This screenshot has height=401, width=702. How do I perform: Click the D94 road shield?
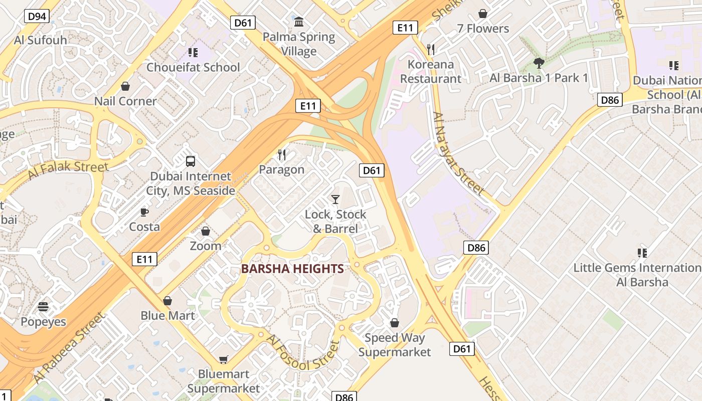coord(37,17)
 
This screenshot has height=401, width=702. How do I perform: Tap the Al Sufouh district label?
coord(41,41)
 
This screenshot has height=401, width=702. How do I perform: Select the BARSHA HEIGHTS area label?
coord(292,269)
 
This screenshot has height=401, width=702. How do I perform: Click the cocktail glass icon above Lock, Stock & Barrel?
coord(335,199)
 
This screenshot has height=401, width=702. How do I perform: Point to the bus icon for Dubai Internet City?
coord(191,161)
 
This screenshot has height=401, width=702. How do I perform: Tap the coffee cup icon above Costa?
coord(144,212)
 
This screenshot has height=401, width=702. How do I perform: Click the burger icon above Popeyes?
coord(43,307)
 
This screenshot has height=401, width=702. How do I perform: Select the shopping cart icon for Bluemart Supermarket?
coord(223,359)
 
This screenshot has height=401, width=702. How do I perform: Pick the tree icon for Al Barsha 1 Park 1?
coord(539,63)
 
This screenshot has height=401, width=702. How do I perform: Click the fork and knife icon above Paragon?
coord(282,155)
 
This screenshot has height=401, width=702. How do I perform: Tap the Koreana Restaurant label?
coord(430,72)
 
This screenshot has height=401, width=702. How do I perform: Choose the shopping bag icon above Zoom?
coord(205,231)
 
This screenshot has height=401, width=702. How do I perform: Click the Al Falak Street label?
coord(68,170)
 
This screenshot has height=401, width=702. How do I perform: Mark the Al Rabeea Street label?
coord(70,347)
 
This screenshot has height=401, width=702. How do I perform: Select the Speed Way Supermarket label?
coord(395,345)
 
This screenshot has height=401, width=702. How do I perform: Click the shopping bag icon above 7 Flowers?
coord(482,14)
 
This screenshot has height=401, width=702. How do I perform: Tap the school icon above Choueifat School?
coord(193,53)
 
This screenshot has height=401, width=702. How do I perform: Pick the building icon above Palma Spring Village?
coord(299,22)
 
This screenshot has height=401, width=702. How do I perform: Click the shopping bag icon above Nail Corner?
coord(125,86)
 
